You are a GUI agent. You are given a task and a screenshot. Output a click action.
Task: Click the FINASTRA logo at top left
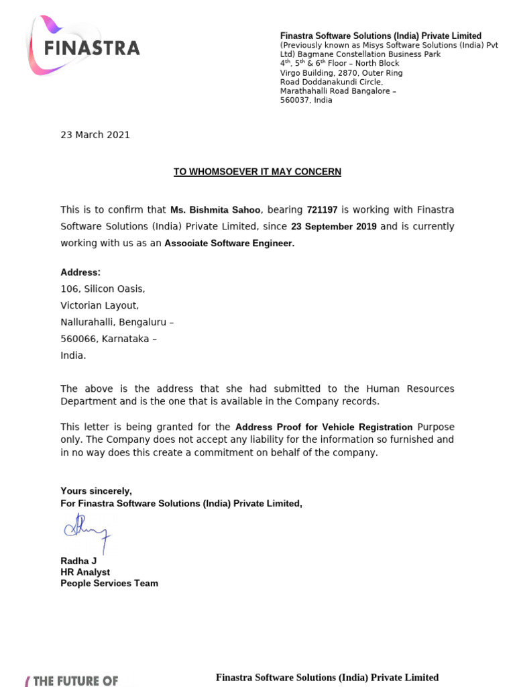pyautogui.click(x=84, y=46)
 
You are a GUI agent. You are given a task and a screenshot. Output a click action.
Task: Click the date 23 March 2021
pyautogui.click(x=95, y=135)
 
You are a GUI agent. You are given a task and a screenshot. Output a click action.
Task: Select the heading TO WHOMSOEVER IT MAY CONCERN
pyautogui.click(x=257, y=172)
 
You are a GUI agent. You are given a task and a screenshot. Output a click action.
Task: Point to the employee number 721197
pyautogui.click(x=322, y=210)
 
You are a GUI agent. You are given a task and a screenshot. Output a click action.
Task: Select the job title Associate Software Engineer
pyautogui.click(x=229, y=244)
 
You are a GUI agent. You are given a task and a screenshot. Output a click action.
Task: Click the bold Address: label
pyautogui.click(x=80, y=272)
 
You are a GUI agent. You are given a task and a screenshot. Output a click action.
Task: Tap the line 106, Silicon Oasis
pyautogui.click(x=103, y=289)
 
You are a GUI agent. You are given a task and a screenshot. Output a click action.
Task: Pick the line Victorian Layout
pyautogui.click(x=100, y=306)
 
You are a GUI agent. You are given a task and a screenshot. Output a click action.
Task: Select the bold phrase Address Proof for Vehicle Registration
pyautogui.click(x=324, y=427)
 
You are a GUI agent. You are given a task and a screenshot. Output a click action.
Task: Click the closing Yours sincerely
pyautogui.click(x=96, y=490)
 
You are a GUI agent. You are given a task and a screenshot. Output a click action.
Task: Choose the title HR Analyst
pyautogui.click(x=85, y=572)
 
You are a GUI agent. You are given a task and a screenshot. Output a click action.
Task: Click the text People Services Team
pyautogui.click(x=109, y=583)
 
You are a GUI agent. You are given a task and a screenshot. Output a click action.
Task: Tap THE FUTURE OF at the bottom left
pyautogui.click(x=74, y=680)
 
